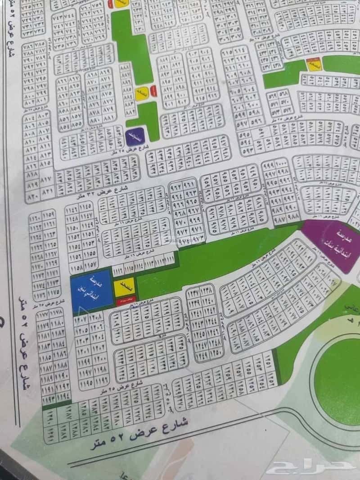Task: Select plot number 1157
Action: pos(90,264)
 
